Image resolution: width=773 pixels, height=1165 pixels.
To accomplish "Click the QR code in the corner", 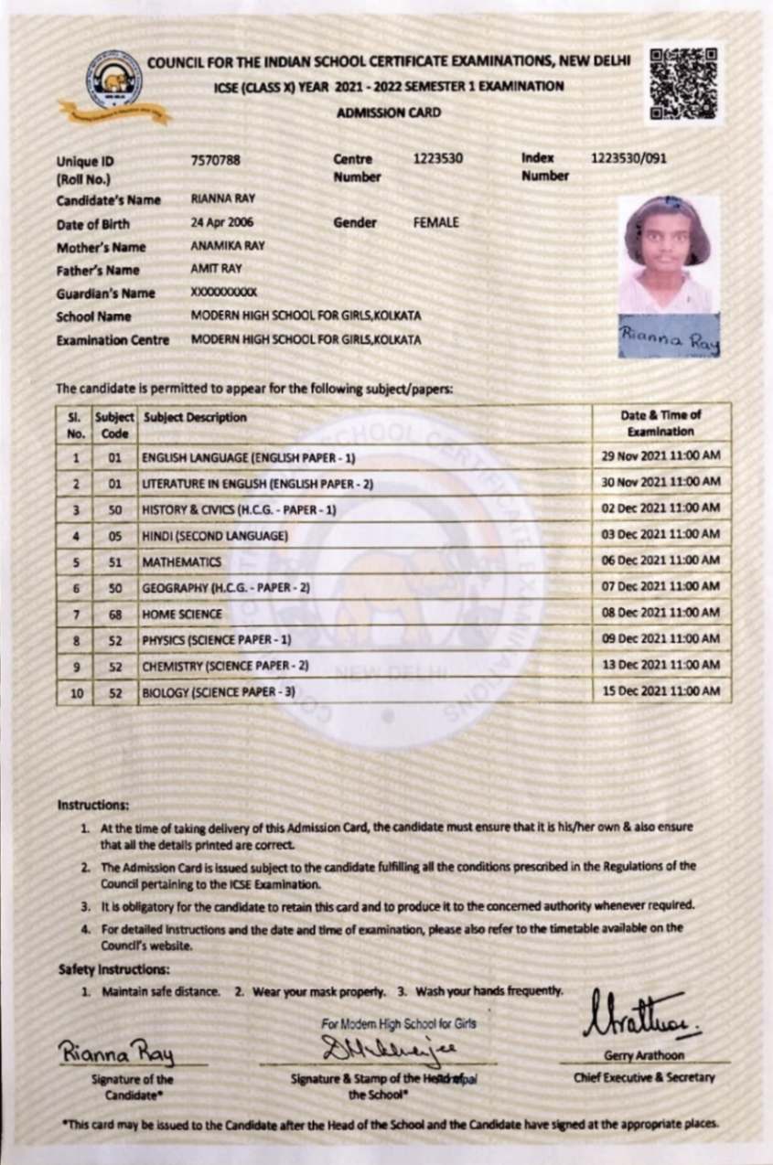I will coord(682,84).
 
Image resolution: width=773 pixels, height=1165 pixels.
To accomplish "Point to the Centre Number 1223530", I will coord(437,159).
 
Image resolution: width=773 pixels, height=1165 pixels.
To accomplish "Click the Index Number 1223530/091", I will coord(628,159).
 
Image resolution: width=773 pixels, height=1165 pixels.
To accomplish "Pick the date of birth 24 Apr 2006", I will coord(222,222).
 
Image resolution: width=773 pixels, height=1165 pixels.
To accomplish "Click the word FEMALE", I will coord(436,222).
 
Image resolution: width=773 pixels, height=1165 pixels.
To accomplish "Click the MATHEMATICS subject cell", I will coord(181,561).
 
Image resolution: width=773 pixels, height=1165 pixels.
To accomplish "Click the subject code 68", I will coord(115,615).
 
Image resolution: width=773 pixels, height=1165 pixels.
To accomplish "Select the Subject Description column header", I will coord(195,417).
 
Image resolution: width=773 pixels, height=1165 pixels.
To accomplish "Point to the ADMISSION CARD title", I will coord(388,112).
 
